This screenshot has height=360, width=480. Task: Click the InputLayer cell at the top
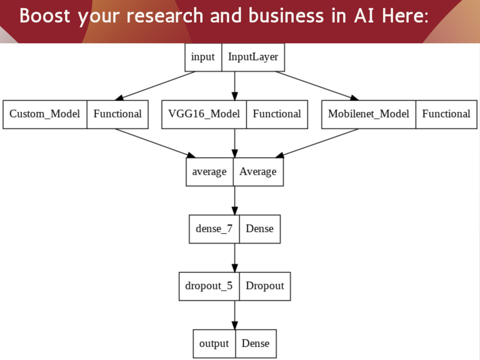click(x=253, y=57)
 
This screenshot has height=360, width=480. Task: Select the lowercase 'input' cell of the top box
click(x=203, y=57)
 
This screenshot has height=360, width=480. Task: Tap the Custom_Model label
click(x=45, y=114)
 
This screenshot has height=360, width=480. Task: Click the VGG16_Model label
click(x=204, y=114)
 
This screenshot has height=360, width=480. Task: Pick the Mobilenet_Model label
click(x=369, y=114)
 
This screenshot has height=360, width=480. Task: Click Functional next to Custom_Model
click(x=118, y=114)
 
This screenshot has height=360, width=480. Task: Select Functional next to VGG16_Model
click(x=277, y=114)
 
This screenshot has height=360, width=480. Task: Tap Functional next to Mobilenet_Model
click(x=446, y=114)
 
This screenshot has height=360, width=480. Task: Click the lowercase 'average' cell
click(x=210, y=172)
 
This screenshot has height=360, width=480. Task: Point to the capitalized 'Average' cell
click(x=258, y=172)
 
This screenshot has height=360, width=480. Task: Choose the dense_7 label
click(x=214, y=229)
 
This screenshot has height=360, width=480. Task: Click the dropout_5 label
click(x=209, y=286)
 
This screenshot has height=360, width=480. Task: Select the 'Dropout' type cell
click(x=265, y=286)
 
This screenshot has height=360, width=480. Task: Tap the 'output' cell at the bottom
click(x=214, y=344)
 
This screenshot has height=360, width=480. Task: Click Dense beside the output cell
click(x=256, y=344)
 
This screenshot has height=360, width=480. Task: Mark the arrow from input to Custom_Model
click(x=155, y=86)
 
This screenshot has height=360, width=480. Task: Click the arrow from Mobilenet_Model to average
click(x=317, y=143)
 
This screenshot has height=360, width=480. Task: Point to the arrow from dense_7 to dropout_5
click(x=235, y=258)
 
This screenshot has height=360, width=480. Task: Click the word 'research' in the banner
click(x=165, y=16)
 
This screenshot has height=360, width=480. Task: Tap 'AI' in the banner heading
click(x=364, y=16)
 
